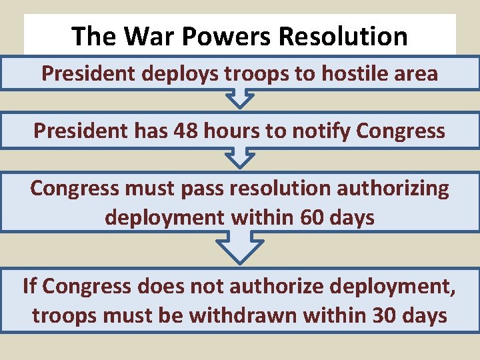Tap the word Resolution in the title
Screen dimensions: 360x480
(x=343, y=36)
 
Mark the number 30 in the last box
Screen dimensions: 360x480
(x=383, y=315)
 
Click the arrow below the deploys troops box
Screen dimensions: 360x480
(x=239, y=99)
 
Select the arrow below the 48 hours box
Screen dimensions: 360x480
(x=239, y=159)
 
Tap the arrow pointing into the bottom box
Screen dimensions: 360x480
(x=239, y=249)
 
